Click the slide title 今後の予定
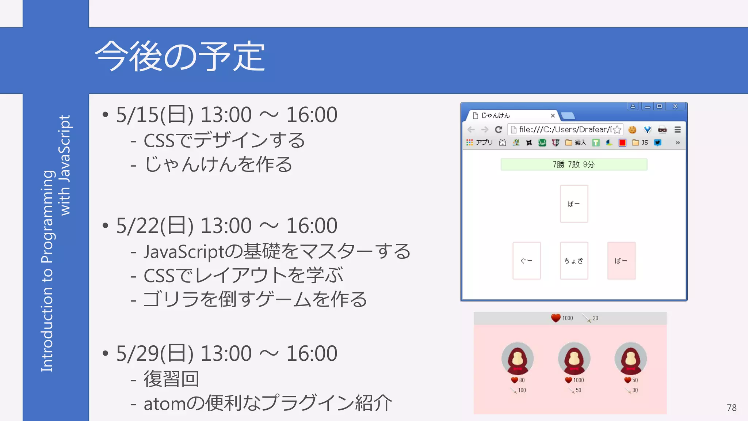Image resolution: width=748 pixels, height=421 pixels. pyautogui.click(x=180, y=57)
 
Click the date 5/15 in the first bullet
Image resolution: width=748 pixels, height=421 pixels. pyautogui.click(x=137, y=115)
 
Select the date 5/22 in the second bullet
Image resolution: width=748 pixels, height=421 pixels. pyautogui.click(x=137, y=225)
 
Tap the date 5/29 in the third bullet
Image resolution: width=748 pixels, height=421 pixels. pyautogui.click(x=137, y=353)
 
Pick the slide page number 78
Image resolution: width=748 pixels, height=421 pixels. pyautogui.click(x=731, y=407)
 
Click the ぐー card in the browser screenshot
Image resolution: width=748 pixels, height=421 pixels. pyautogui.click(x=526, y=261)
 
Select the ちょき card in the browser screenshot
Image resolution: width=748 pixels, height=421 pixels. pyautogui.click(x=574, y=261)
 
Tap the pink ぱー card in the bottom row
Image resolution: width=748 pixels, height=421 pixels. pyautogui.click(x=621, y=261)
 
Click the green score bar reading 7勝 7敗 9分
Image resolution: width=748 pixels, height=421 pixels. pyautogui.click(x=574, y=164)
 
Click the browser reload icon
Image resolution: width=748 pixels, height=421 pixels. pyautogui.click(x=499, y=130)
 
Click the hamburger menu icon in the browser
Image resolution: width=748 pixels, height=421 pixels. pyautogui.click(x=678, y=130)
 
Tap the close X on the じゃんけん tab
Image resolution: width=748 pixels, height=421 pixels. pyautogui.click(x=553, y=115)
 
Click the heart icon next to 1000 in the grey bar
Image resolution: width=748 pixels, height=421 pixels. pyautogui.click(x=556, y=318)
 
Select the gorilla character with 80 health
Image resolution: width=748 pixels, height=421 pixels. pyautogui.click(x=517, y=359)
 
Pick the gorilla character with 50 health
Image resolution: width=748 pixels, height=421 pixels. pyautogui.click(x=630, y=359)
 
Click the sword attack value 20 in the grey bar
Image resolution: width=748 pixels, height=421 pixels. pyautogui.click(x=595, y=318)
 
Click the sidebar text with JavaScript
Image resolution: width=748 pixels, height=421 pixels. pyautogui.click(x=65, y=165)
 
